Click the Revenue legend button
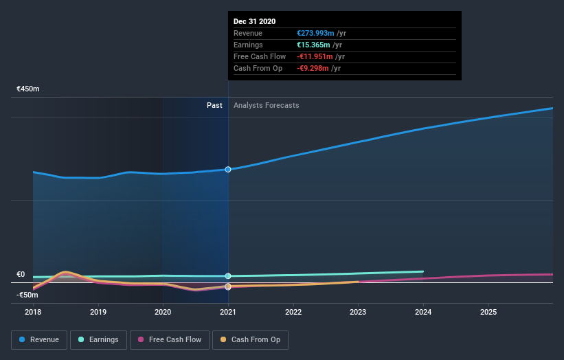[40, 339]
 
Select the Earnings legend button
[98, 339]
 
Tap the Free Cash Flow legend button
[170, 339]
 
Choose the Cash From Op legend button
[251, 339]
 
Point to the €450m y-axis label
[28, 89]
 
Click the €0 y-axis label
[21, 274]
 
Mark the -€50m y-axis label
[28, 295]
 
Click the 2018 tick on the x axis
[33, 313]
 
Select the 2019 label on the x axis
[98, 313]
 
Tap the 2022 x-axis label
[293, 313]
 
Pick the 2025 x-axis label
[488, 313]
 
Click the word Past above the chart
[214, 105]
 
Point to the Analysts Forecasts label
[266, 105]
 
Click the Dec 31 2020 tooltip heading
[254, 21]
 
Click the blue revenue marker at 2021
[228, 169]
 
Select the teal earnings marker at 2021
[228, 276]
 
